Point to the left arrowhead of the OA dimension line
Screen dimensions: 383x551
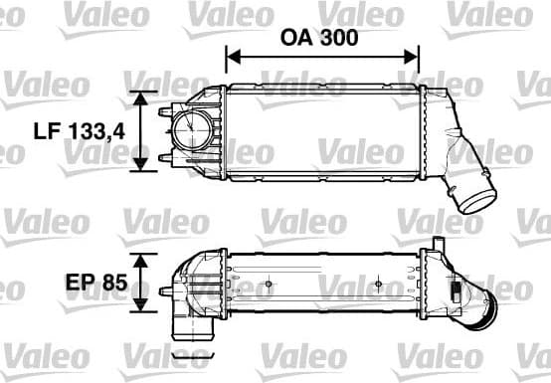click(x=232, y=59)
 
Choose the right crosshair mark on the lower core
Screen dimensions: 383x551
click(x=377, y=285)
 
